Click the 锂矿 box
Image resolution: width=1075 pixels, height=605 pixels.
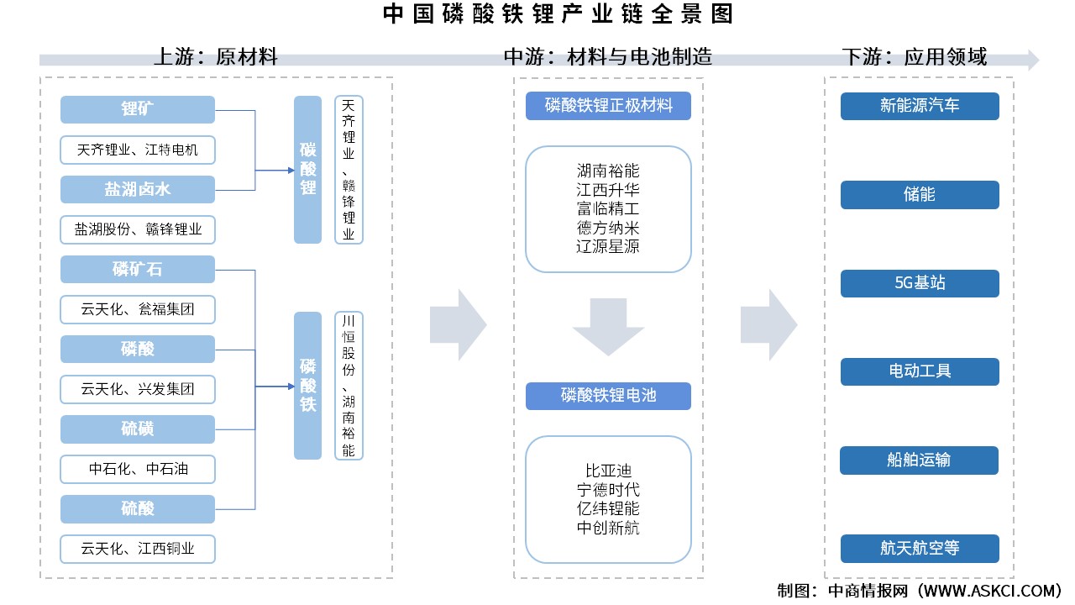[138, 109]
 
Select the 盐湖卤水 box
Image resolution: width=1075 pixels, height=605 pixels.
[138, 189]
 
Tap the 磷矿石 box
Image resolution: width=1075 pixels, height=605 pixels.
[138, 270]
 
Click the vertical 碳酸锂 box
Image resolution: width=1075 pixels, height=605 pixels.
[307, 170]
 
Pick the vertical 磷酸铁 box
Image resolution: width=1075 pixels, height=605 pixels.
[307, 386]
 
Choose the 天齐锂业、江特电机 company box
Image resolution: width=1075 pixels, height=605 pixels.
[138, 150]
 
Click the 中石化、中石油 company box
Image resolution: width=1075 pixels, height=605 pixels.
[138, 469]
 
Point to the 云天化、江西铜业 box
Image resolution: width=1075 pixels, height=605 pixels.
[138, 549]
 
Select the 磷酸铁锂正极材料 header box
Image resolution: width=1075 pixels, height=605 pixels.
[608, 106]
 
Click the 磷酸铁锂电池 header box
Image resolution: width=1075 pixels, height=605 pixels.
[608, 396]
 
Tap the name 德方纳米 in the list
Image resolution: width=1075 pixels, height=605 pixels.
[608, 228]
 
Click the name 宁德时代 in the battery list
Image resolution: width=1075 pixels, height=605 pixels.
[608, 489]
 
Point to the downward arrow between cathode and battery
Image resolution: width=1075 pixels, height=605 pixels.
[608, 327]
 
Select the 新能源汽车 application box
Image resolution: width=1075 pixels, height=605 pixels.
[920, 106]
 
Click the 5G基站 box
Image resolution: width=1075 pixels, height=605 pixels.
[920, 283]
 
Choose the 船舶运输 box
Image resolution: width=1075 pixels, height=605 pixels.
[920, 460]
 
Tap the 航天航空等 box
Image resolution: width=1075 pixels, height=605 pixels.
[920, 549]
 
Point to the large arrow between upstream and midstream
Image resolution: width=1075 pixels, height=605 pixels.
[458, 324]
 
